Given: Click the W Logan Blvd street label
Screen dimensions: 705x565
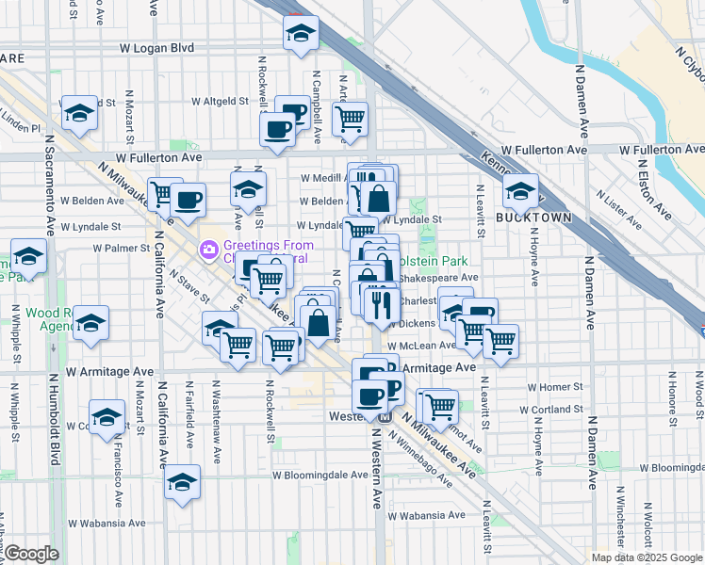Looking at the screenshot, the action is point(156,47).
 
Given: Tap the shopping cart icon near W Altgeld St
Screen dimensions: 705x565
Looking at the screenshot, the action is point(350,120).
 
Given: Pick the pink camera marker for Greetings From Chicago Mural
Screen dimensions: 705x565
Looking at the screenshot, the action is point(207,251).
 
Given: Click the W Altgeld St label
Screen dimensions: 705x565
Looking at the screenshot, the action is point(219,101).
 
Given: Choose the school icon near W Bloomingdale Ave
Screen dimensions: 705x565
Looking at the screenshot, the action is point(182,484).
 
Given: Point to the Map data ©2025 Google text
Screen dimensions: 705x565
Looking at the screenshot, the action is point(647,557).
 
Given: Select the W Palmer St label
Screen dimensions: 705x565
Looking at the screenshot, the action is point(122,248).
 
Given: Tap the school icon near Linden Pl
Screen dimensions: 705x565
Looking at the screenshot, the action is point(80,115).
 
